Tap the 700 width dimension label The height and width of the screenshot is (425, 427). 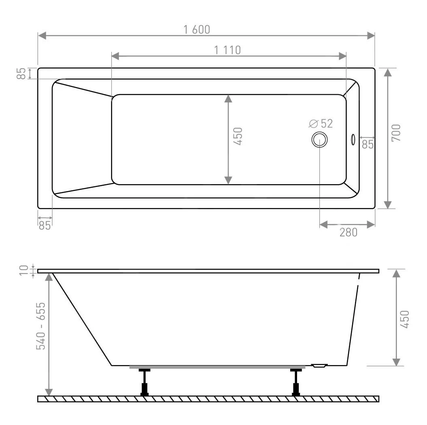pyautogui.click(x=396, y=133)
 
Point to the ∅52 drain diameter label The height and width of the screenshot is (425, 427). pyautogui.click(x=321, y=124)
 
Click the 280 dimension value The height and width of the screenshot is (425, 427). pyautogui.click(x=348, y=232)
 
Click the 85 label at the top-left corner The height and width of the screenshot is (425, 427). pyautogui.click(x=21, y=73)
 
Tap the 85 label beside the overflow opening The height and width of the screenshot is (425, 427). pyautogui.click(x=368, y=144)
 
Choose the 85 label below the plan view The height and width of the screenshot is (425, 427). pyautogui.click(x=45, y=225)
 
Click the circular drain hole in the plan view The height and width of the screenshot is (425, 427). pyautogui.click(x=319, y=140)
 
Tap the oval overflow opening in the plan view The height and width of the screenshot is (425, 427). pyautogui.click(x=353, y=139)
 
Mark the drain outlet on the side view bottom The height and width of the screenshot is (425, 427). pyautogui.click(x=319, y=366)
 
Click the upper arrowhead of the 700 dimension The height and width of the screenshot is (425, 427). pyautogui.click(x=388, y=73)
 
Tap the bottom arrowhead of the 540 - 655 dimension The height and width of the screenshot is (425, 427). pyautogui.click(x=49, y=392)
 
